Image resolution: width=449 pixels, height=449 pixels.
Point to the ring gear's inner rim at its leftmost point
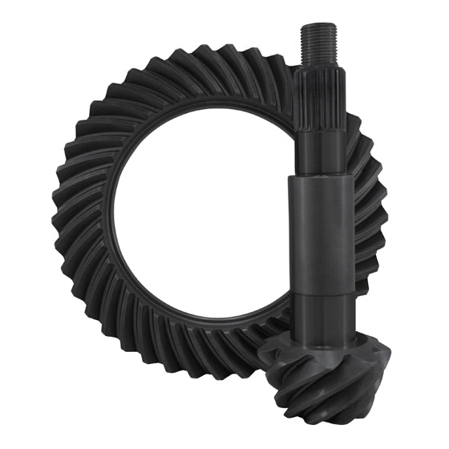(x=111, y=216)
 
